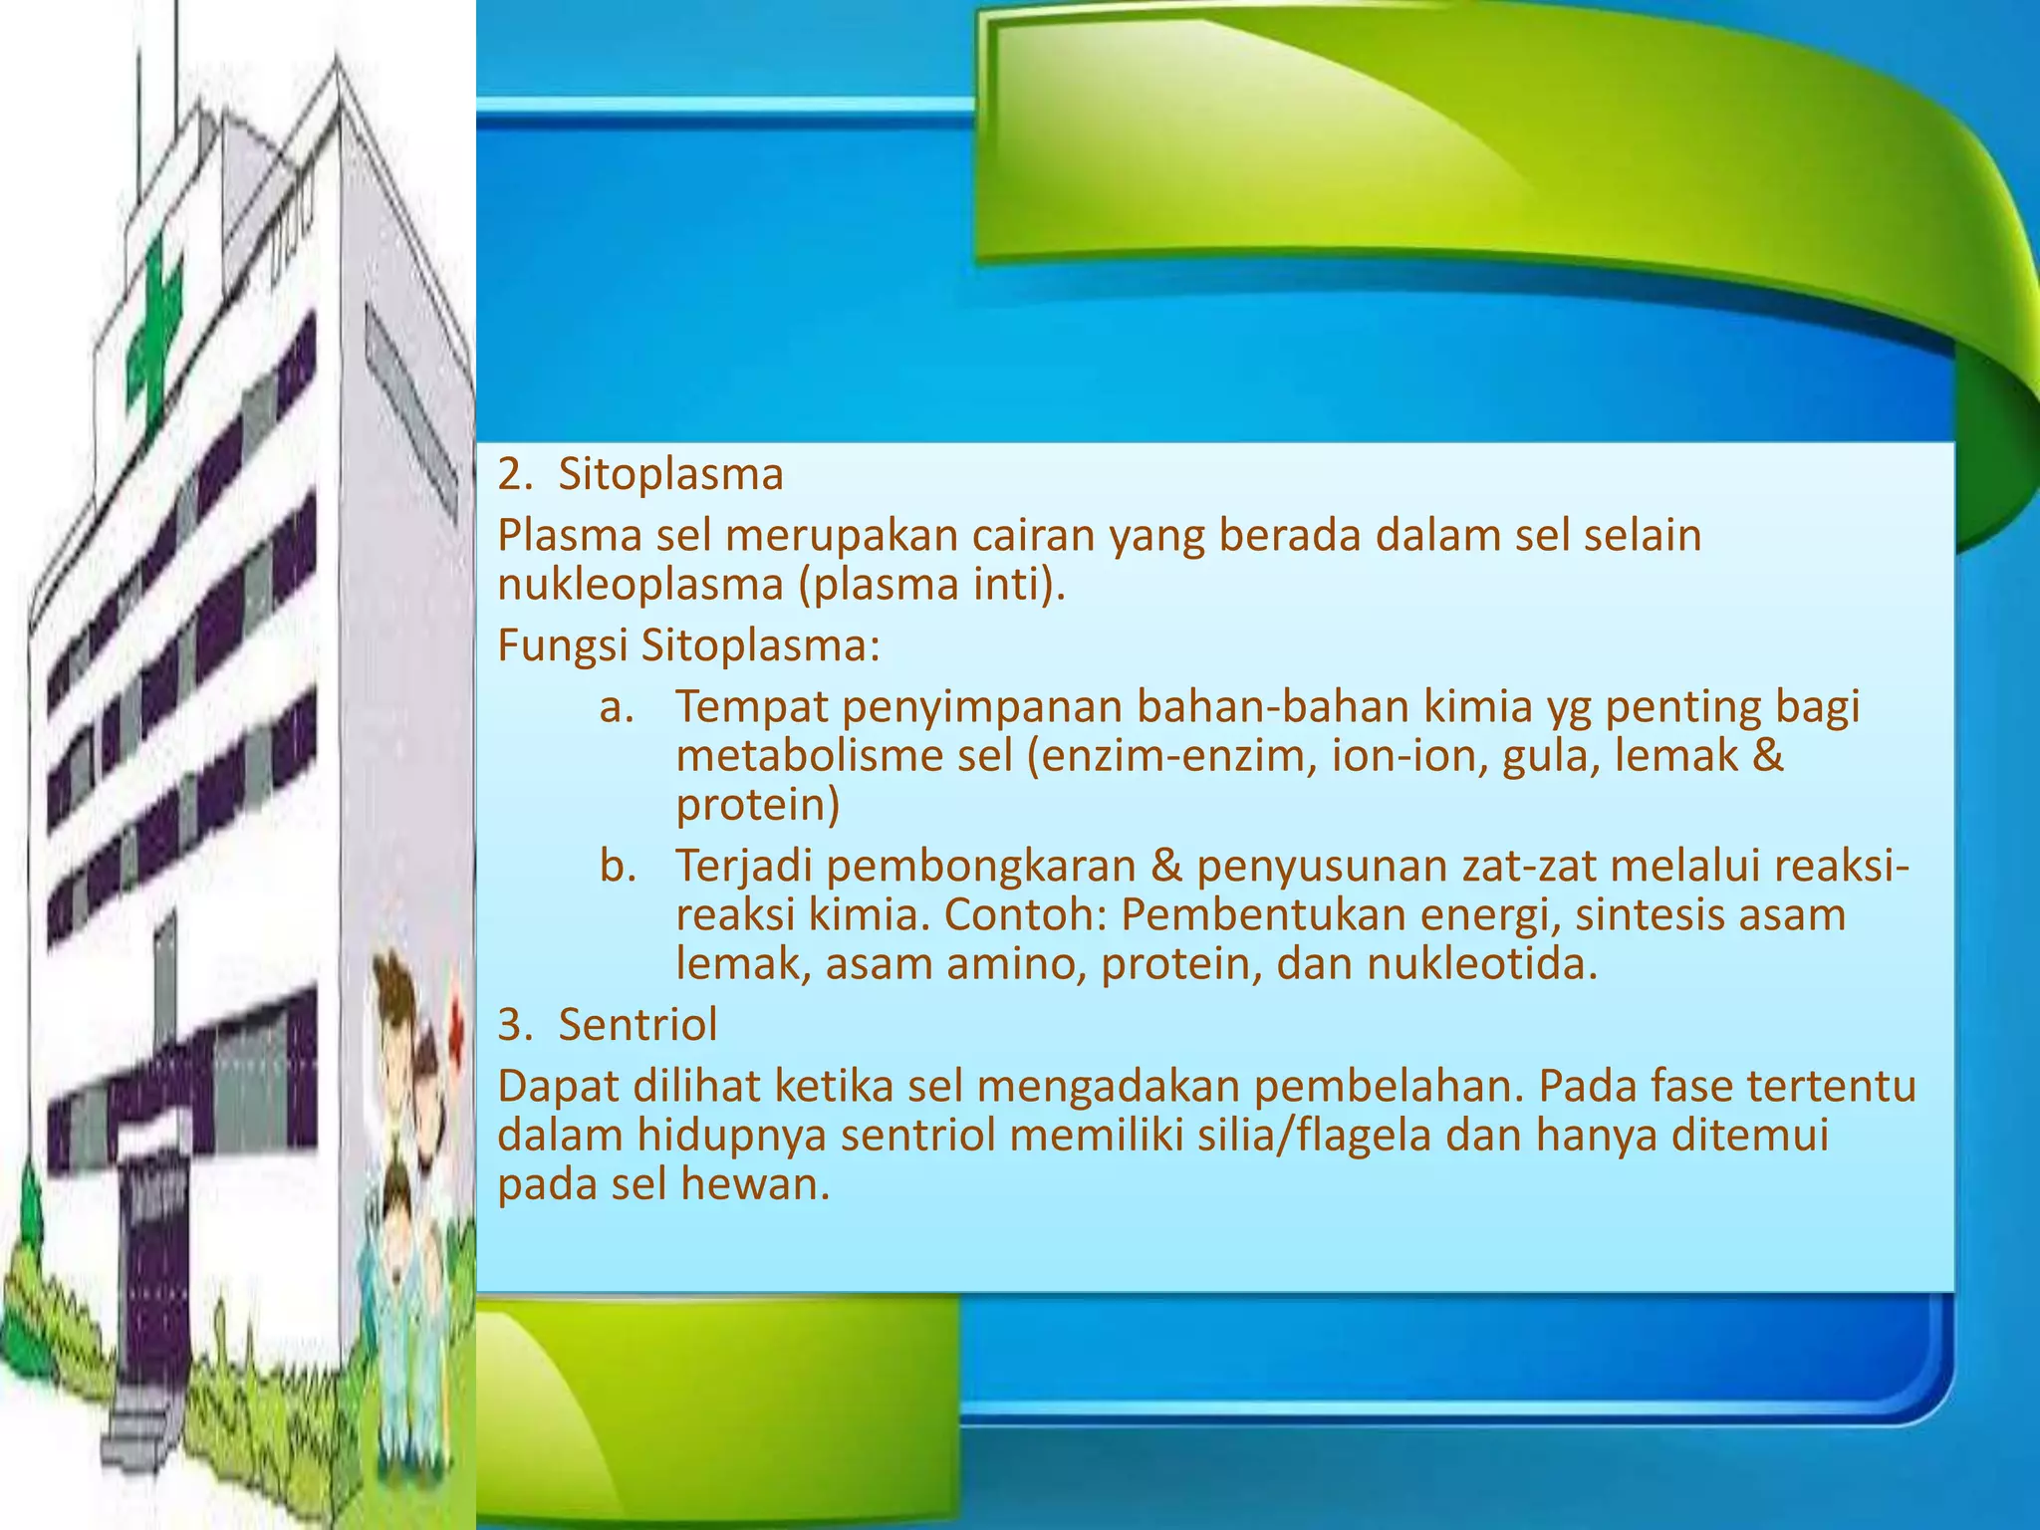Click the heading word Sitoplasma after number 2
point(670,475)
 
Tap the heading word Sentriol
point(637,1024)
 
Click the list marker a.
point(617,707)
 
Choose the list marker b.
point(617,867)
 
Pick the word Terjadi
point(742,867)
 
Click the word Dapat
point(558,1087)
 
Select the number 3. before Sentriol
point(515,1024)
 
